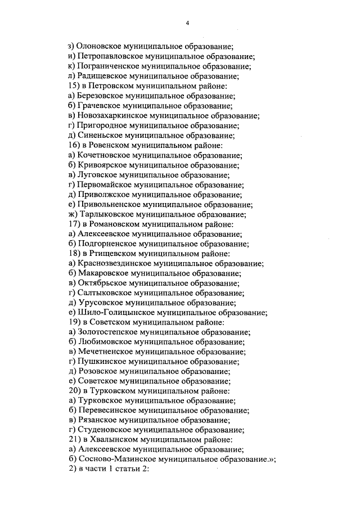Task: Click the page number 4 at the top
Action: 188,23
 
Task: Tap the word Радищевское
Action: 102,76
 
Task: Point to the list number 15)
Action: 74,86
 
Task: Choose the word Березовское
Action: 102,96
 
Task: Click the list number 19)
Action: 74,323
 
